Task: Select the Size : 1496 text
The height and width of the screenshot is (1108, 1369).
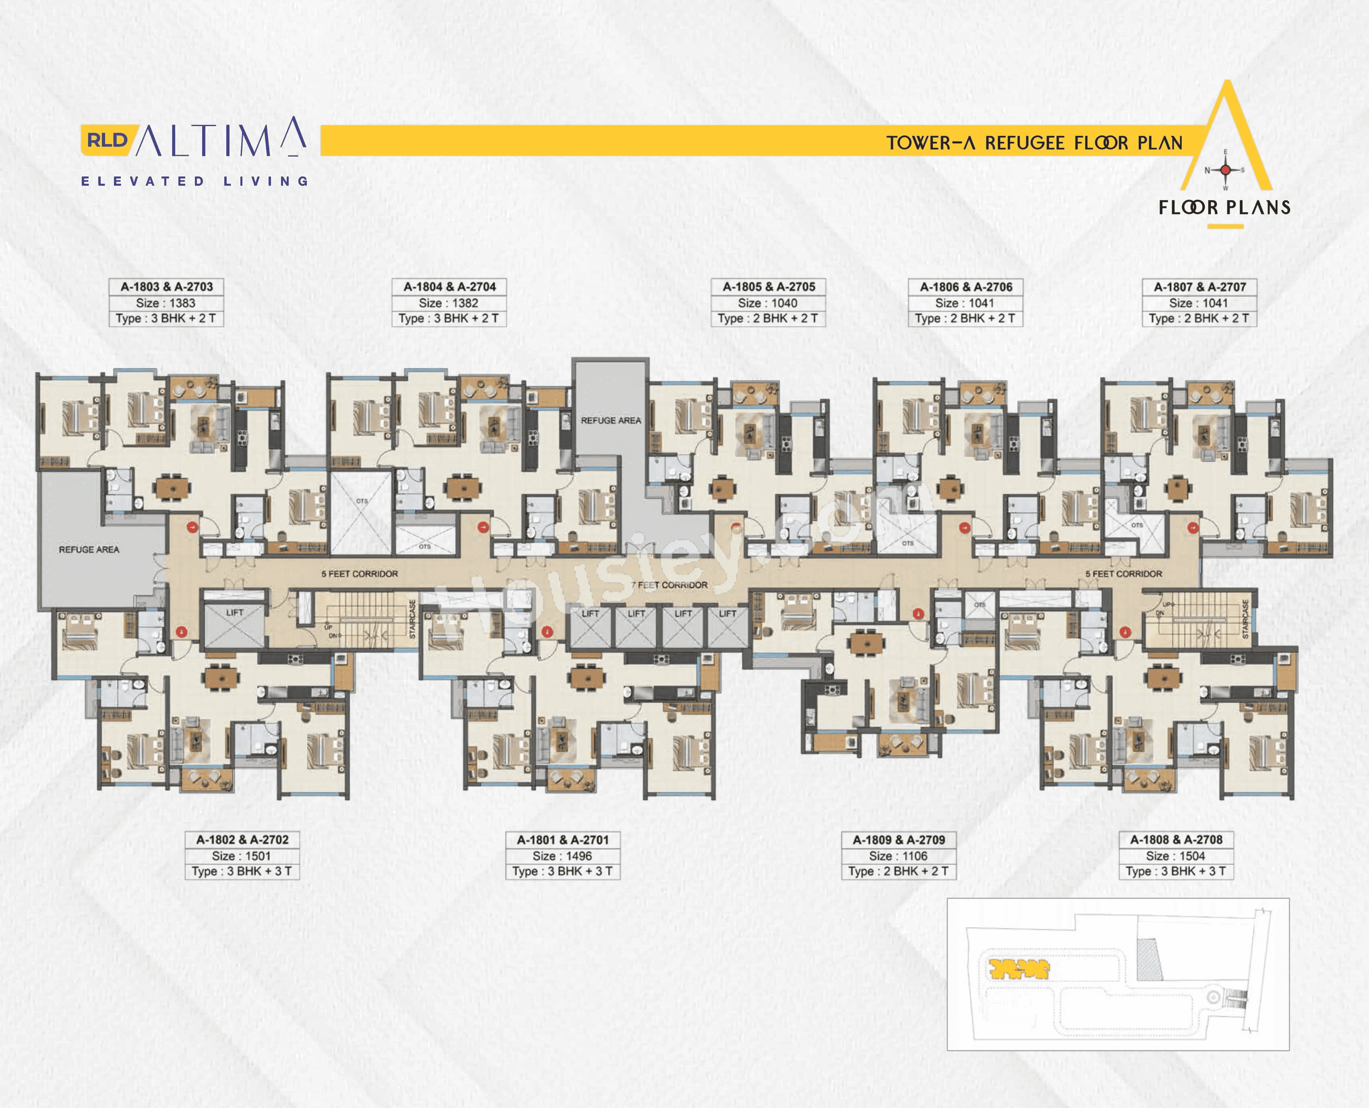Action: pos(562,856)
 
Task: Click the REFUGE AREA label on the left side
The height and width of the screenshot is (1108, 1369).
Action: pos(89,550)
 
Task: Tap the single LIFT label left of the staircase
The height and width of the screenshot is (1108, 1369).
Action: pos(234,613)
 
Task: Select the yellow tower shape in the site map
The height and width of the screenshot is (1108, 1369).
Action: pos(1018,969)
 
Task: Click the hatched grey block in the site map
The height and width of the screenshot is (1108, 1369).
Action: pos(1148,959)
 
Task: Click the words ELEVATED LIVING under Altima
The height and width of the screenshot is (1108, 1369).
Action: pos(194,181)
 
